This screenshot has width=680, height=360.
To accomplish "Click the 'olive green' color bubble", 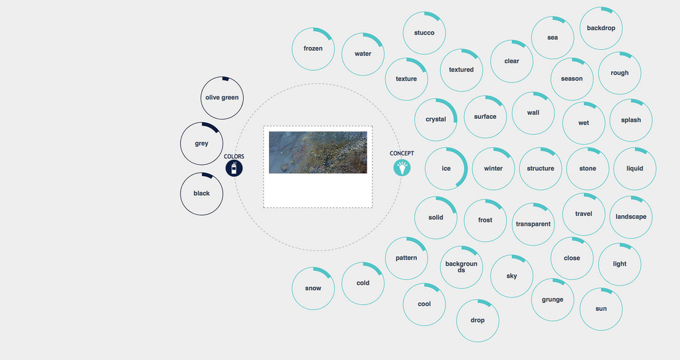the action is pyautogui.click(x=222, y=98).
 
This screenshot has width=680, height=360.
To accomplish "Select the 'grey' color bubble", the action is pyautogui.click(x=202, y=143).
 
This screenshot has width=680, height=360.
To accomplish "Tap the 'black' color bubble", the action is pyautogui.click(x=202, y=194).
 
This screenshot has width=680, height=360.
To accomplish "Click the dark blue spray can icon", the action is pyautogui.click(x=234, y=168).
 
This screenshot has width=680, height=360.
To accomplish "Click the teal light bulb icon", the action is pyautogui.click(x=402, y=167).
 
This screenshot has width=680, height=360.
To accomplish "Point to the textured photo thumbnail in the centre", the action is pyautogui.click(x=318, y=152).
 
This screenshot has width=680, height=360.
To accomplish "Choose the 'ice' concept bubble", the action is pyautogui.click(x=446, y=169).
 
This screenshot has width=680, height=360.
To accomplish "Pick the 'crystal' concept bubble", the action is pyautogui.click(x=436, y=120).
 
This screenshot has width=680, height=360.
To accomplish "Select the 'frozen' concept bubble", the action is pyautogui.click(x=313, y=49).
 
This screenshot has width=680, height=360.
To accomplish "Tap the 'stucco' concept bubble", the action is pyautogui.click(x=424, y=33).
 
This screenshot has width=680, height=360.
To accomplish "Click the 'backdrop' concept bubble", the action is pyautogui.click(x=601, y=28).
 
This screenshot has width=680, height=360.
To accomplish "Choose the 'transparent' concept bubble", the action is pyautogui.click(x=533, y=225).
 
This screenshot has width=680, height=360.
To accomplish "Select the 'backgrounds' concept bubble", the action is pyautogui.click(x=462, y=267).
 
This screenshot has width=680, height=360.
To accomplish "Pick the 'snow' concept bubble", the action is pyautogui.click(x=313, y=288).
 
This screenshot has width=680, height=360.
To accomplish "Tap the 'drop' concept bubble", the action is pyautogui.click(x=477, y=321).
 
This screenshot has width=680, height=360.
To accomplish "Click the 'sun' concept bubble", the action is pyautogui.click(x=601, y=309).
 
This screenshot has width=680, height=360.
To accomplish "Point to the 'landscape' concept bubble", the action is pyautogui.click(x=631, y=217).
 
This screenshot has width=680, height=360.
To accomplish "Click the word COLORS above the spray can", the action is pyautogui.click(x=234, y=157).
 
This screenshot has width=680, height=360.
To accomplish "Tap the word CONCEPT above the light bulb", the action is pyautogui.click(x=402, y=153).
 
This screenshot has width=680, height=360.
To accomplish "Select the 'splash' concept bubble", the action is pyautogui.click(x=631, y=120).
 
